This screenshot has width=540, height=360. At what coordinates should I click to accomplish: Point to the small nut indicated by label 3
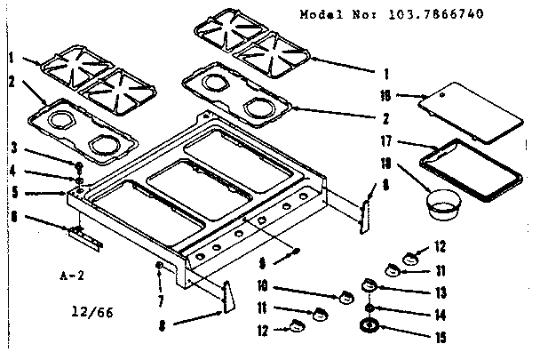click(x=79, y=166)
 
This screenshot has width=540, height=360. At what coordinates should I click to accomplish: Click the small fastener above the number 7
click(x=158, y=266)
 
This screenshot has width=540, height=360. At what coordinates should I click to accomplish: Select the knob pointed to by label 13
click(x=370, y=284)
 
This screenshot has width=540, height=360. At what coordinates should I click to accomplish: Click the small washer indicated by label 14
click(x=369, y=308)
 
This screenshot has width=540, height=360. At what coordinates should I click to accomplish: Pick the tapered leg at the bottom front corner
click(x=226, y=297)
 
